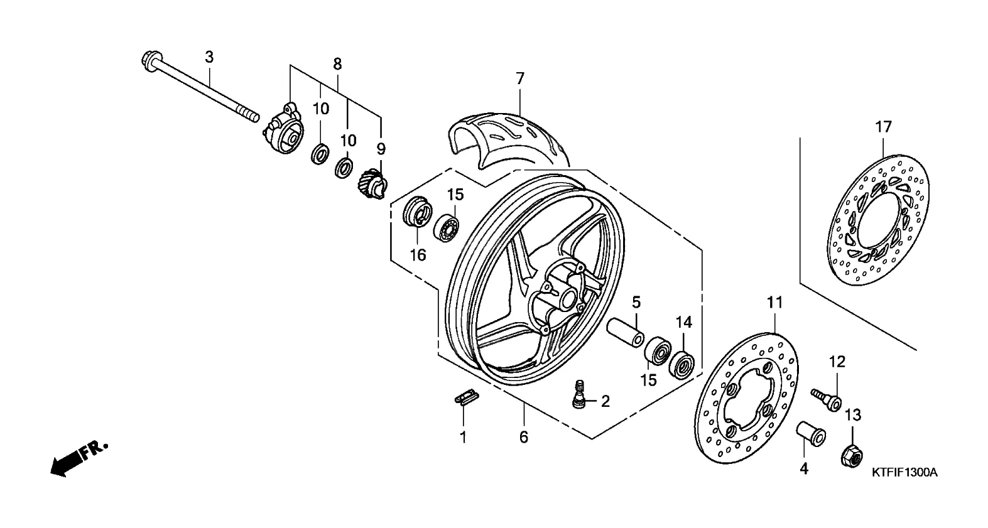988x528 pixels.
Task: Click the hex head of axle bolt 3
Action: tap(149, 62)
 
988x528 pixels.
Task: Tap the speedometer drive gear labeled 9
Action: tap(372, 184)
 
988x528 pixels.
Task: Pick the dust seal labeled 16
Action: tap(415, 212)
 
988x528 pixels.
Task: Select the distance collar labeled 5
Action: tap(626, 332)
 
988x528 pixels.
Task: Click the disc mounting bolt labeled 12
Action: tap(826, 399)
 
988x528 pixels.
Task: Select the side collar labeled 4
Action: tap(811, 433)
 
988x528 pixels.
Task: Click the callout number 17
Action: tap(884, 127)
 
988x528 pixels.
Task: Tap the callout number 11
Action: tap(774, 303)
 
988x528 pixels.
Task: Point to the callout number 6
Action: tap(524, 437)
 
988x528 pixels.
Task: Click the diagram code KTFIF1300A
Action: tap(904, 473)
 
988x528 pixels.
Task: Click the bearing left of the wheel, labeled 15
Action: tap(446, 228)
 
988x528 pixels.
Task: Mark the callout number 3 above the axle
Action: tap(209, 57)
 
